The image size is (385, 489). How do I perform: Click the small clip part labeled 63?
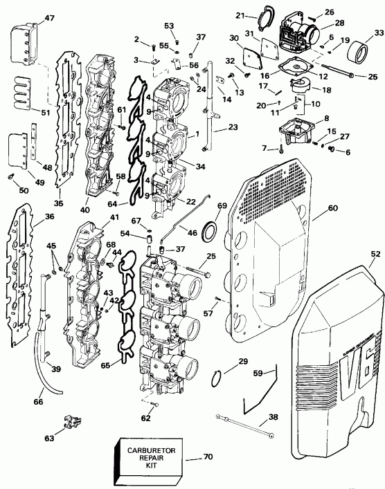click(x=69, y=420)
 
